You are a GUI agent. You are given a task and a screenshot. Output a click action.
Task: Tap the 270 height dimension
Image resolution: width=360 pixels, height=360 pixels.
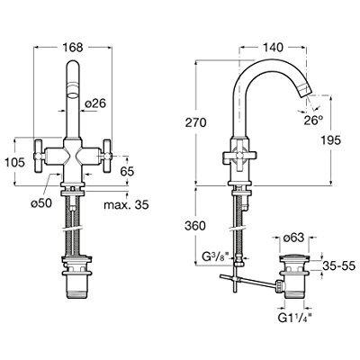(209, 121)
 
